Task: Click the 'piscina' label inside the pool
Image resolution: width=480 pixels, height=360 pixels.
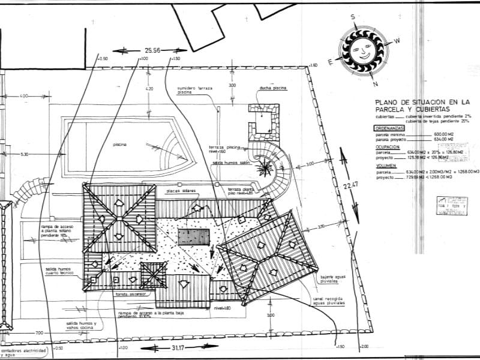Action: point(119,144)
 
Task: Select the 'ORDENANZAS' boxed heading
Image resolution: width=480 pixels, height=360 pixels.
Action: point(390,128)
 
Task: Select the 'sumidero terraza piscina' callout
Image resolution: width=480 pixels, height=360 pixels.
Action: point(193,90)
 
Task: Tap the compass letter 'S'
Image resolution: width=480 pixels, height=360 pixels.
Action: point(353,17)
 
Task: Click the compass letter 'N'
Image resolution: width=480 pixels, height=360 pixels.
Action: point(374,75)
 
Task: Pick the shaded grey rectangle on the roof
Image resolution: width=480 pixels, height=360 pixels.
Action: point(194,236)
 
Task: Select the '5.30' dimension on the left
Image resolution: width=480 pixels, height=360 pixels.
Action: point(24,154)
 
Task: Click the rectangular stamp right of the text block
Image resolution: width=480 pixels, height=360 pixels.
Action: point(451,205)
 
